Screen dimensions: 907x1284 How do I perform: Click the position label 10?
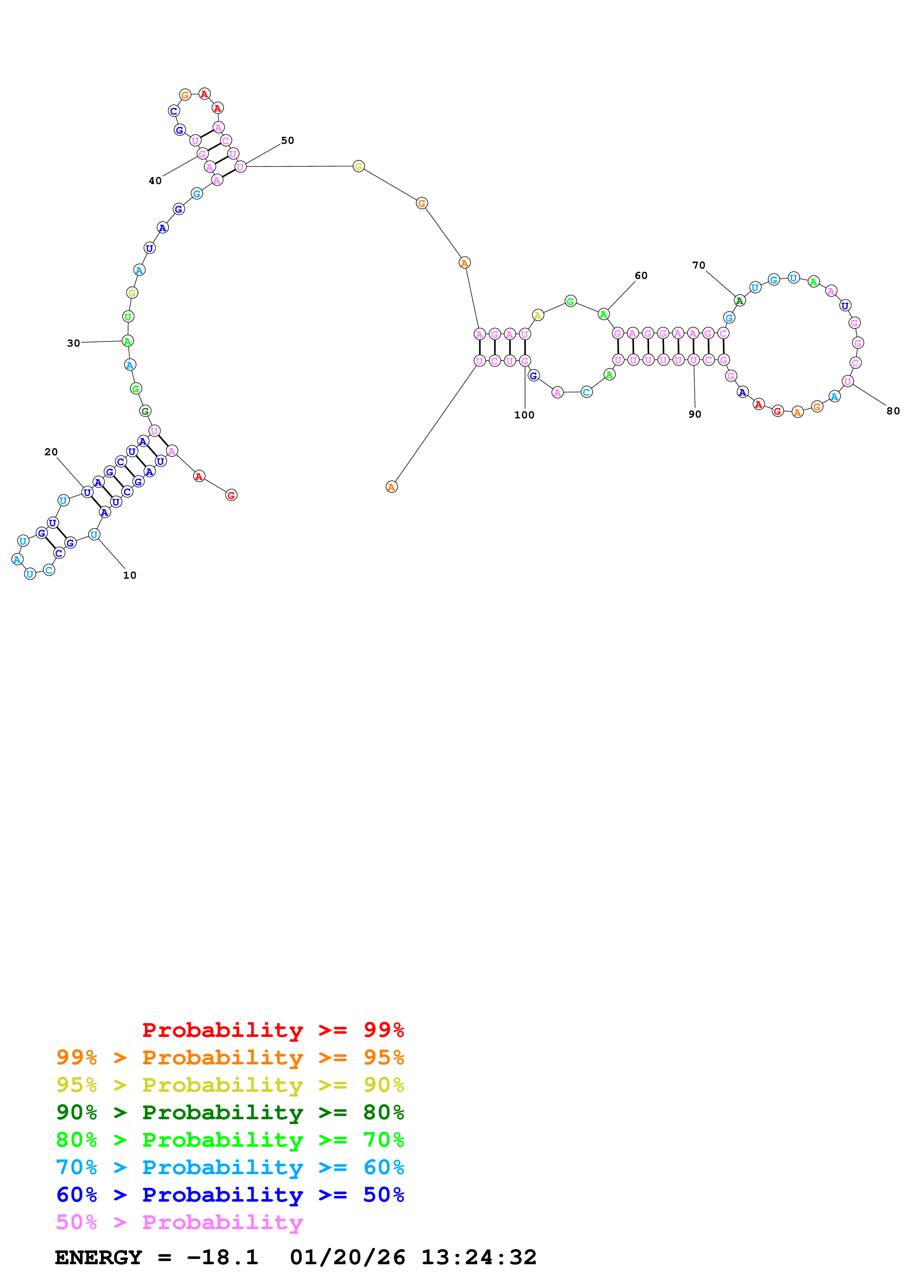[x=130, y=575]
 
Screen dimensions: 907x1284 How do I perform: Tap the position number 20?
[x=51, y=452]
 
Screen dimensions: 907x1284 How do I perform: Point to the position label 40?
[x=155, y=181]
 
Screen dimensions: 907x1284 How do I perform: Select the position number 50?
[x=287, y=140]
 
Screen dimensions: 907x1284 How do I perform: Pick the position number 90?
[x=695, y=414]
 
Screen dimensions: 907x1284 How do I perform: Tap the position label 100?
[x=524, y=415]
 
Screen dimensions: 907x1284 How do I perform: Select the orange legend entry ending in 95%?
[x=230, y=1057]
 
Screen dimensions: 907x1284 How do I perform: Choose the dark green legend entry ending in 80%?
[x=230, y=1112]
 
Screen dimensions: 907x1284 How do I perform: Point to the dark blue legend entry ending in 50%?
[x=230, y=1195]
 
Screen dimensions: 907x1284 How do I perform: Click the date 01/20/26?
[x=347, y=1257]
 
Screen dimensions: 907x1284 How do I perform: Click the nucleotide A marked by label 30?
[x=127, y=341]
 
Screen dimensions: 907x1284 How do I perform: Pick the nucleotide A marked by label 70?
[x=739, y=301]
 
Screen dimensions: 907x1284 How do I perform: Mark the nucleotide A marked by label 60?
[x=604, y=314]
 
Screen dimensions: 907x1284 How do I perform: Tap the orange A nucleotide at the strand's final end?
[x=392, y=487]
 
